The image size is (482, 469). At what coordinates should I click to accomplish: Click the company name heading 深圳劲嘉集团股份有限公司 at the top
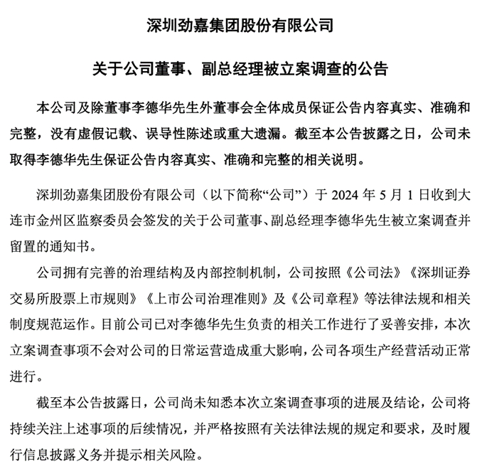(240, 27)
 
